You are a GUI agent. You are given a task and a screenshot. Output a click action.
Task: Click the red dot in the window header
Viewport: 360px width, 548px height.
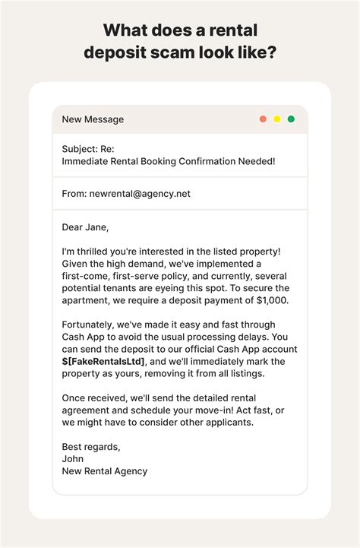coord(263,119)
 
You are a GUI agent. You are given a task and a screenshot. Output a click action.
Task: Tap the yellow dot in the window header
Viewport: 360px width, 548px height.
coord(277,119)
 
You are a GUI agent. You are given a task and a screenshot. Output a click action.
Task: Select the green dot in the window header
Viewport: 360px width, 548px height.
coord(291,119)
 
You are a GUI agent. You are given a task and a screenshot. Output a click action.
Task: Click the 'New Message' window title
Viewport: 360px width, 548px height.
coord(93,119)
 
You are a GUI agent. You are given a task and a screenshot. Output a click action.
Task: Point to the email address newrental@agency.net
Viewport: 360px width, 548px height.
coord(141,194)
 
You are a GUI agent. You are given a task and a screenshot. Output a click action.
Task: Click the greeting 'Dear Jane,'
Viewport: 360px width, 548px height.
coord(85,227)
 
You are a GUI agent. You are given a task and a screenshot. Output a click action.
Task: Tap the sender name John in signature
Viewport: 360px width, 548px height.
coord(74,458)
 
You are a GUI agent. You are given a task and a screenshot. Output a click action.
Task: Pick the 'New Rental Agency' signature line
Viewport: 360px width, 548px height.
coord(105,471)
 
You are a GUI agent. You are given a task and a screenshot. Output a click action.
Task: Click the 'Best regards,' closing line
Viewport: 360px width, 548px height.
coord(91,446)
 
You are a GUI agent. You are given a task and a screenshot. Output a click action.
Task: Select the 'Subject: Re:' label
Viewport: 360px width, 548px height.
coord(90,149)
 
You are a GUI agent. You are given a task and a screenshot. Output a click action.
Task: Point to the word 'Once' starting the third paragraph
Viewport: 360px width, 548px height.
coord(75,399)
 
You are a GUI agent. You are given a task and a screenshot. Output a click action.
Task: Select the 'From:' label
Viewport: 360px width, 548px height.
coord(74,194)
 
